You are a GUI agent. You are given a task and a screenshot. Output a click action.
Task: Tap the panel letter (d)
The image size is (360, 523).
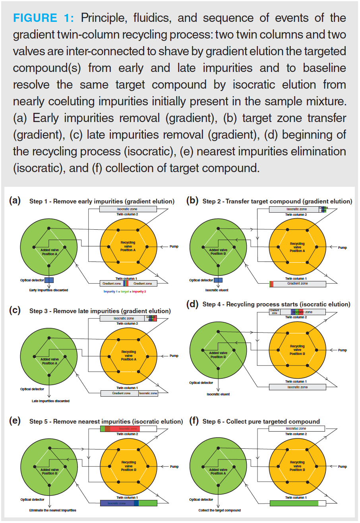193,305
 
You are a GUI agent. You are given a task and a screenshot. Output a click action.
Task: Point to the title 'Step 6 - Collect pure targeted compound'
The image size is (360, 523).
261,421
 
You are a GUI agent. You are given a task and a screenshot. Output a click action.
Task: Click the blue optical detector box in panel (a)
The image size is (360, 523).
49,280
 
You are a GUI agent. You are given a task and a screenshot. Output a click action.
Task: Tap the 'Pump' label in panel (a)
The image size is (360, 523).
174,246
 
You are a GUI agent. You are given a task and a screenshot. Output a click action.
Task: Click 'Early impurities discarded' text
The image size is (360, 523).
49,290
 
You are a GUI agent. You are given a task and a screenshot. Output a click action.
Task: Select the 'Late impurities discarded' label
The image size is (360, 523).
50,401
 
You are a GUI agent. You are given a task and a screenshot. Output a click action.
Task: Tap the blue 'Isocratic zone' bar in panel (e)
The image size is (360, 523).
117,503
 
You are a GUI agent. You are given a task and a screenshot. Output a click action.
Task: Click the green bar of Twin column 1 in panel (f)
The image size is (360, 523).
294,503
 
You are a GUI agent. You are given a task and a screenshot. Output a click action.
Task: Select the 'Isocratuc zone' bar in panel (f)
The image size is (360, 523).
296,429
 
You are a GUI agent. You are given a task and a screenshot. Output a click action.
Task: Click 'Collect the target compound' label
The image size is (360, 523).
219,510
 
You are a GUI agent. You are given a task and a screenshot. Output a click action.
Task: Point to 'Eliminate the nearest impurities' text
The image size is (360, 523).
53,510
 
